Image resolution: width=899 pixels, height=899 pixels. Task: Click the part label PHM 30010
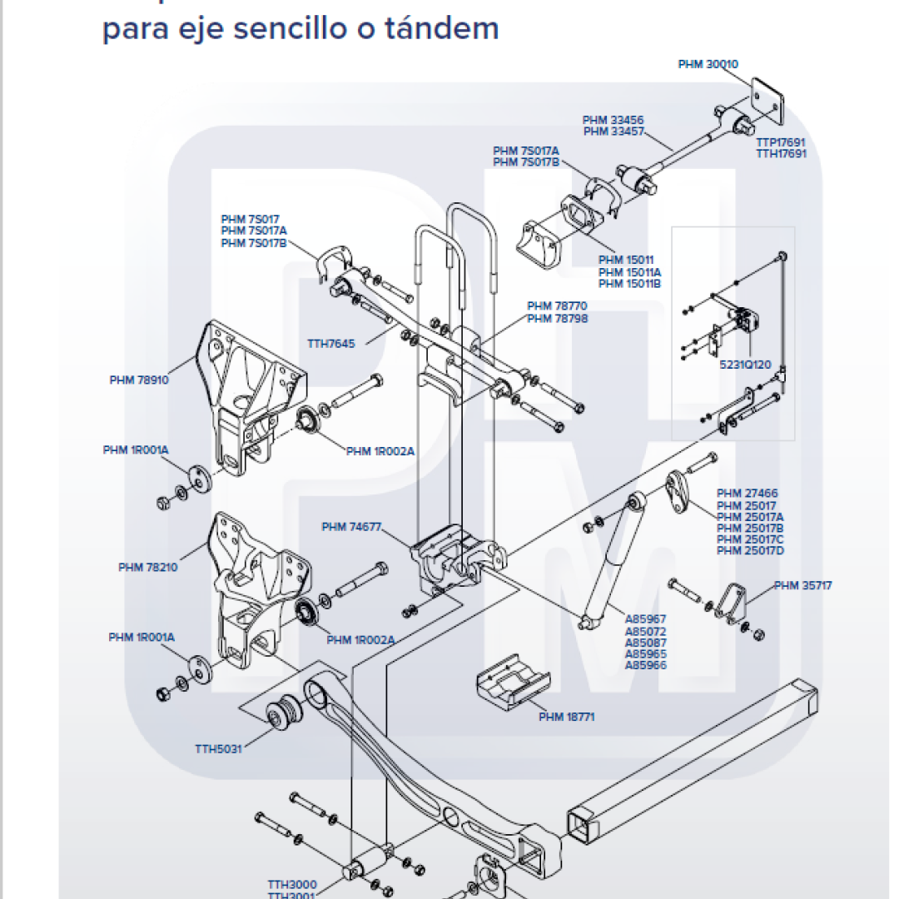coord(708,64)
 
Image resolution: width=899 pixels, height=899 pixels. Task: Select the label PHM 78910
coord(139,380)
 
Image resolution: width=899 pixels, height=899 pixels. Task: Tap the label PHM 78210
coord(147,568)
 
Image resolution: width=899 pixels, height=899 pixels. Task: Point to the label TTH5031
coord(218,748)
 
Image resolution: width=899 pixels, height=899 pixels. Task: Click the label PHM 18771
coord(566,717)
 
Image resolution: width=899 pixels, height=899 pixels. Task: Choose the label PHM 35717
coord(802,585)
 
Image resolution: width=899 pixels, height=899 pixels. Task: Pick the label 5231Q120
coord(746,365)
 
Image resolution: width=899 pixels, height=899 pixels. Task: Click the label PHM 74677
coord(351,527)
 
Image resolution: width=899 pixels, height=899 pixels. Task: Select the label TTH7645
coord(331,343)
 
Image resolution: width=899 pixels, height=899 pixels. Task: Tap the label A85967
coord(646,619)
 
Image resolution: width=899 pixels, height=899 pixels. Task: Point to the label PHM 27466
coord(747,494)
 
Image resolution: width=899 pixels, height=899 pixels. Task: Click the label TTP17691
coord(781,142)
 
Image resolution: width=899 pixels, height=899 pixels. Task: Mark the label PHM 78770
coord(557,306)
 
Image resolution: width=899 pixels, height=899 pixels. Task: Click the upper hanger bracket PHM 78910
coord(250,391)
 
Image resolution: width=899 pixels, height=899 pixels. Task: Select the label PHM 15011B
coord(629,284)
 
